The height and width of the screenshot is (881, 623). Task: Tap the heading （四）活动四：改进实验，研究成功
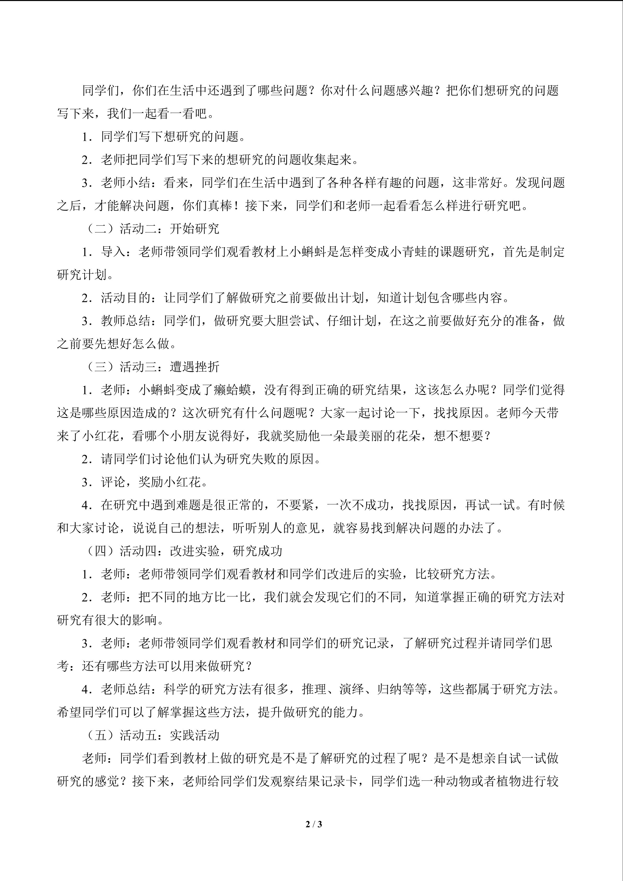(x=183, y=551)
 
